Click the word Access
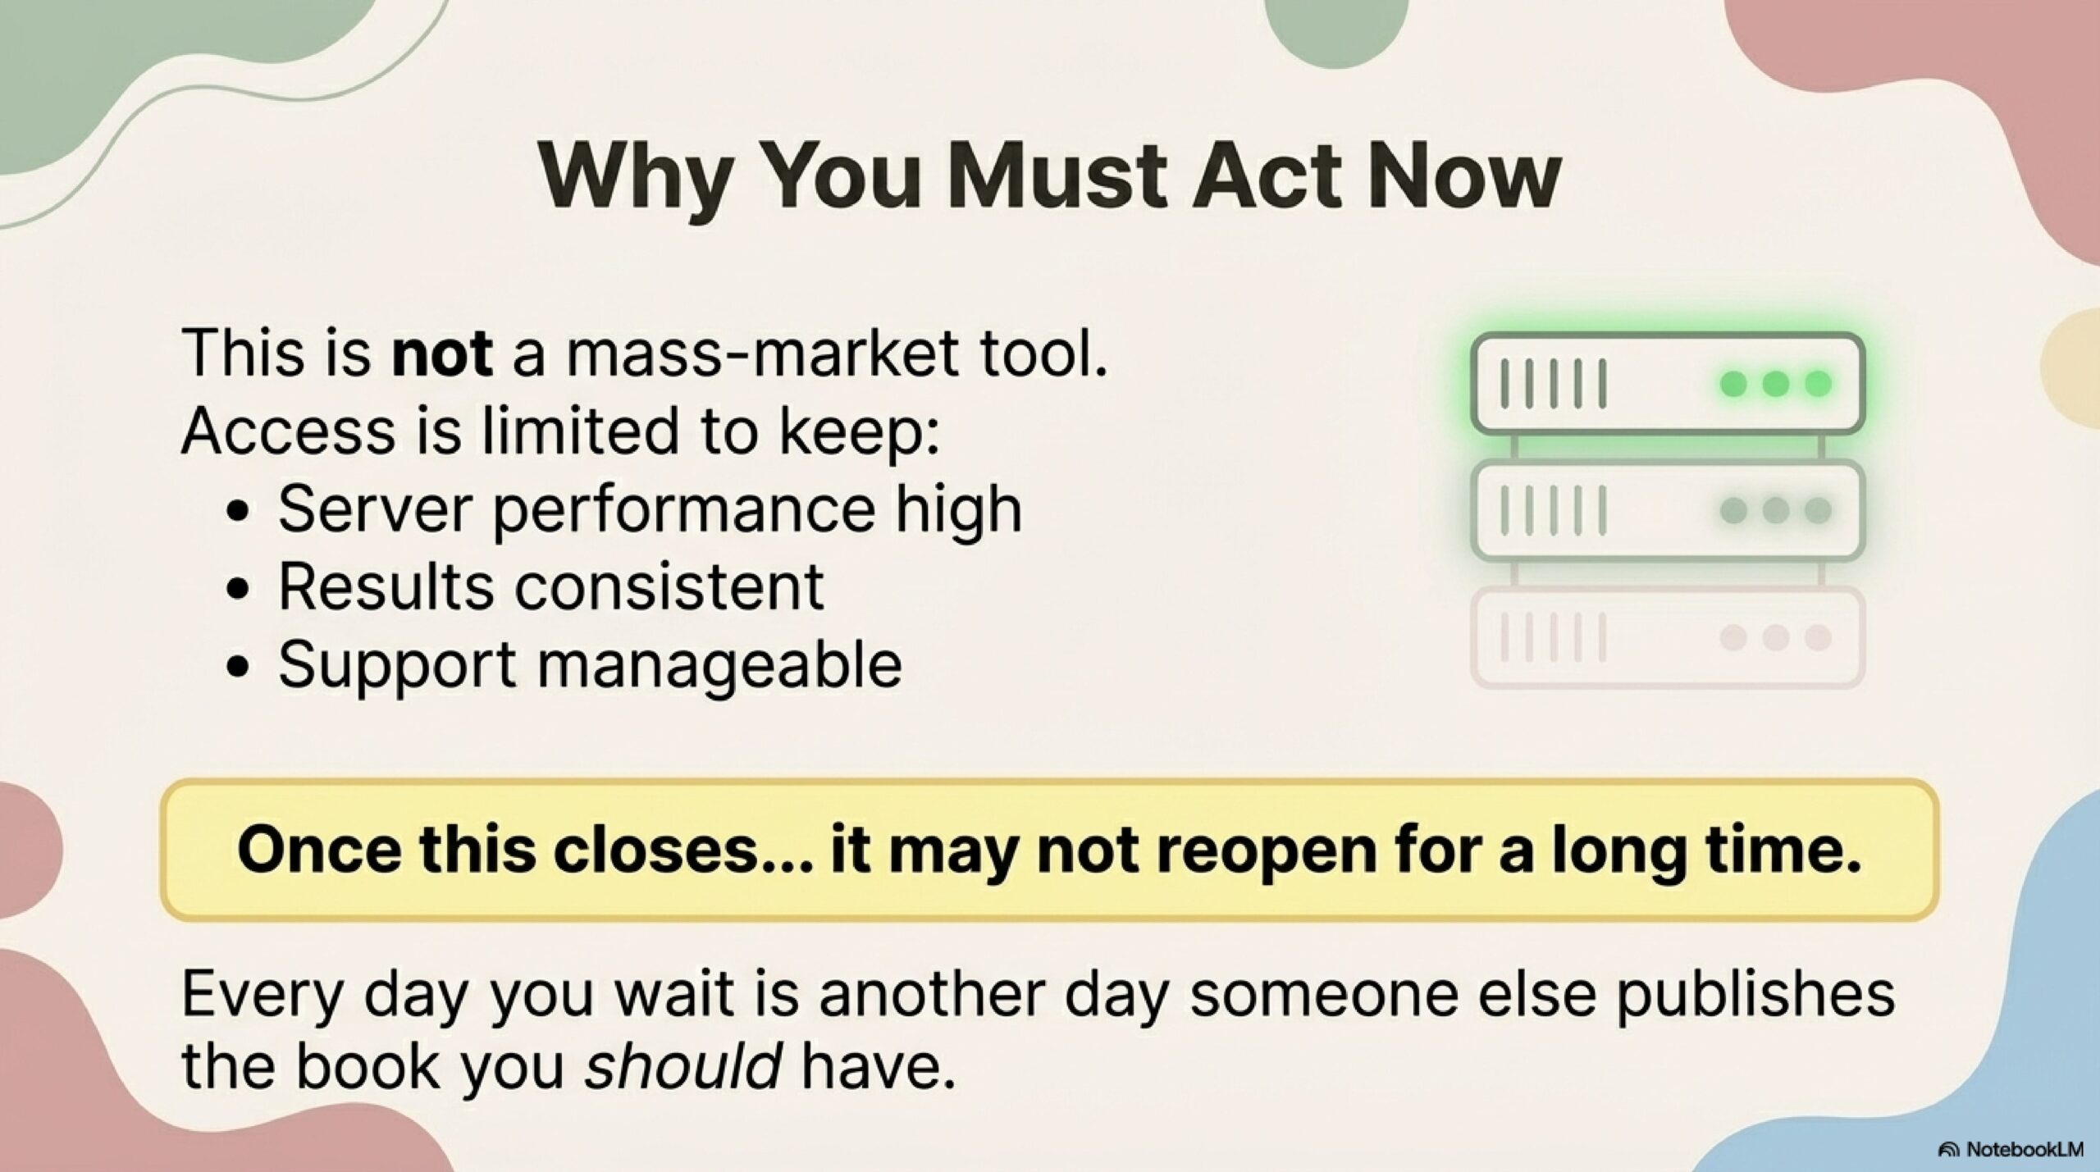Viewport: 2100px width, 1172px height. (288, 431)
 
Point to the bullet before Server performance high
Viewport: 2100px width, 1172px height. (239, 511)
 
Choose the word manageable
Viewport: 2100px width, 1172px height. (719, 665)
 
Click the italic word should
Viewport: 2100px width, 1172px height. (682, 1065)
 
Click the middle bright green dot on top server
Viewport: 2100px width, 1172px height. (1775, 383)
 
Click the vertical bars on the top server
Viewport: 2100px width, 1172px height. (1554, 383)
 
